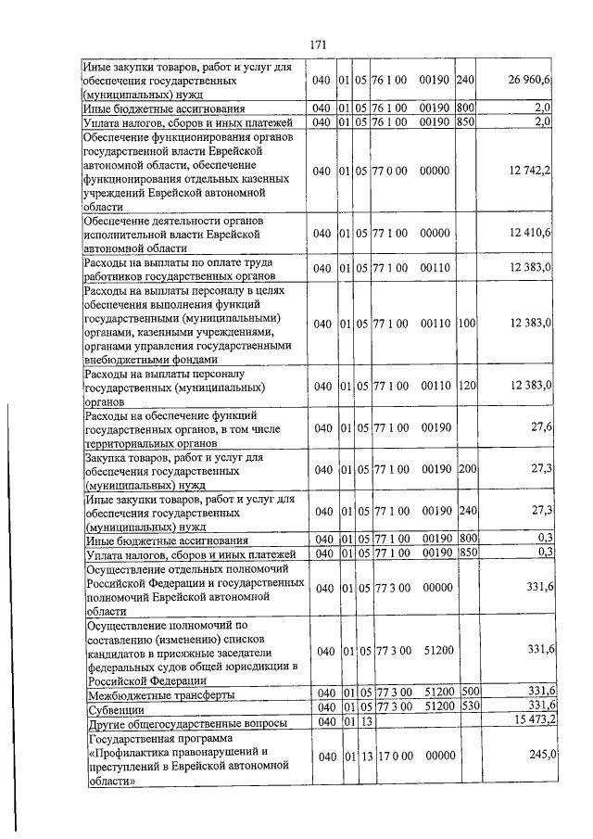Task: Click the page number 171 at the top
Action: point(319,44)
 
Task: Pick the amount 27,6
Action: point(542,426)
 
